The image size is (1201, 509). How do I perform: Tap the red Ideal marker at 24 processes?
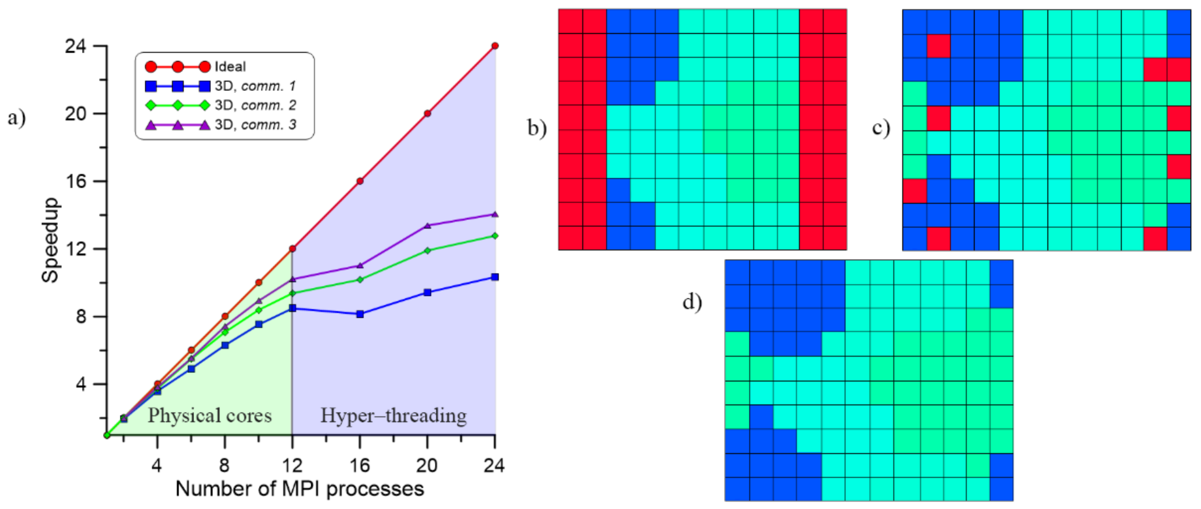pos(494,46)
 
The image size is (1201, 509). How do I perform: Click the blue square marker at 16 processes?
pos(360,314)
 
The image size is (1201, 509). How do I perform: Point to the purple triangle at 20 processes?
pos(427,225)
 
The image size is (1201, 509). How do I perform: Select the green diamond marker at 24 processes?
pos(494,236)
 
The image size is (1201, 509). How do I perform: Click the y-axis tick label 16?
pos(76,181)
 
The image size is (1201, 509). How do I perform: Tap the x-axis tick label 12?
pos(292,465)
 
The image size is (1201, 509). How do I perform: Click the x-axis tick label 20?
pos(427,465)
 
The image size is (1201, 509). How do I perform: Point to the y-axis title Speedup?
pos(50,240)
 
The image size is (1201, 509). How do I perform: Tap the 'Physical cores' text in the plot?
pos(209,415)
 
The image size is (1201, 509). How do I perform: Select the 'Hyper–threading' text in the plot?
pos(393,415)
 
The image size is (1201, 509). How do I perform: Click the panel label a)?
pos(17,118)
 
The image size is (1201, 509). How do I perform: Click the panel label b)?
pos(536,127)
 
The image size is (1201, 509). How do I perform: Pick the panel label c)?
pos(881,127)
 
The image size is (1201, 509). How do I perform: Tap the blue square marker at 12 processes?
pos(292,308)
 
